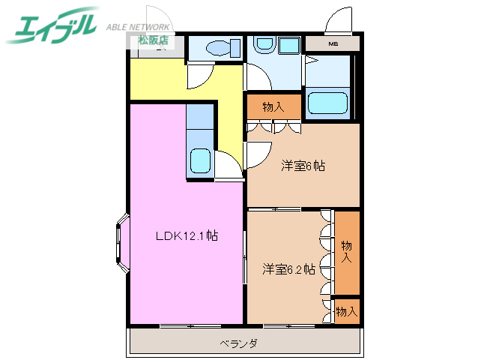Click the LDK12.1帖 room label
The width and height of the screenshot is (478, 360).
click(187, 235)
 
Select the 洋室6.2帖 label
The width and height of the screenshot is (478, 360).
click(288, 268)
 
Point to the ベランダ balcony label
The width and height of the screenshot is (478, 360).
click(239, 343)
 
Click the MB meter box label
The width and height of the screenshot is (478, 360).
click(333, 43)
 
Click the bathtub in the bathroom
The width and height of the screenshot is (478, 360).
click(328, 100)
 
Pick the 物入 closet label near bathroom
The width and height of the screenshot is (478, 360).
click(273, 107)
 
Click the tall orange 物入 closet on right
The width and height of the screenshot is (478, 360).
click(347, 252)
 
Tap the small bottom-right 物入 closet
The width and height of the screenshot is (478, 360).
click(347, 310)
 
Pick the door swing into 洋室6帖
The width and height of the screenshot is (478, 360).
click(254, 154)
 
